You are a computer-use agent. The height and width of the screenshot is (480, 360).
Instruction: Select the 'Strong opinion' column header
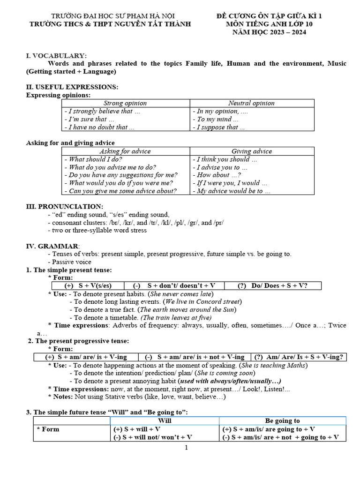pos(125,103)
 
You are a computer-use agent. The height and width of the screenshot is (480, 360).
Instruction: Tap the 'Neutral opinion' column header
pos(251,103)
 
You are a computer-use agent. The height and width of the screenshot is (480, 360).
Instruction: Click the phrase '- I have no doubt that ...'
pos(99,127)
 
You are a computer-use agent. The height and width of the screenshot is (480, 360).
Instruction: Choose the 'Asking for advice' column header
pos(125,151)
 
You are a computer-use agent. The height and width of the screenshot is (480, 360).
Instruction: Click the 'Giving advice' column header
pos(251,151)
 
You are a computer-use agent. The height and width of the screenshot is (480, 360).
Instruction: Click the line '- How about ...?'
pos(213,175)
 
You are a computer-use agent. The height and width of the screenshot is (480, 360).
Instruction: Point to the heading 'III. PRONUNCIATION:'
pos(65,207)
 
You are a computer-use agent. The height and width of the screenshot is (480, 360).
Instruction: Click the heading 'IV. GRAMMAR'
pos(52,247)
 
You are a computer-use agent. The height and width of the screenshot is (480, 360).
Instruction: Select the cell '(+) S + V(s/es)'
pos(87,285)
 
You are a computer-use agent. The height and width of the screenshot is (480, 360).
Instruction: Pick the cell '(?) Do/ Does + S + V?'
pos(273,285)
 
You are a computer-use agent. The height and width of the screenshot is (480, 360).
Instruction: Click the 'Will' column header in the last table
pos(165,421)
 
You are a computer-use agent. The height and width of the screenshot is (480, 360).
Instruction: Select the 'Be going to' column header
pos(282,421)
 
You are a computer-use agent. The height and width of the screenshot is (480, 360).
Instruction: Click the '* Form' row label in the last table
pos(48,429)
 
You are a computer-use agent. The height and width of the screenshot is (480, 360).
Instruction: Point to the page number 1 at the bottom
pos(186,448)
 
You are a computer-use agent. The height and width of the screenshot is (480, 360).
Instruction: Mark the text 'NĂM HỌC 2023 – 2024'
pos(269,32)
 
